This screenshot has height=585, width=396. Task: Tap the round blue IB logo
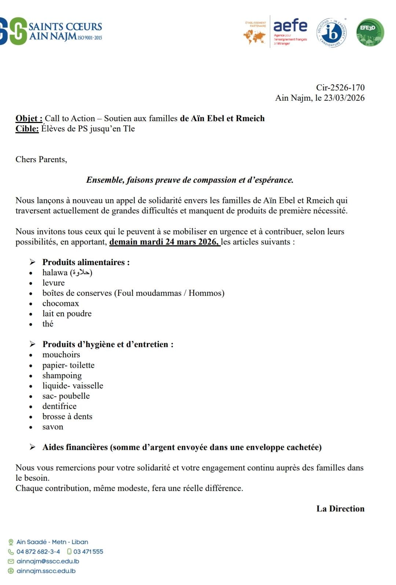331,33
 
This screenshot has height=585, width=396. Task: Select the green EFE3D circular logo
370,33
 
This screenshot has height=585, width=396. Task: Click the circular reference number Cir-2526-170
340,87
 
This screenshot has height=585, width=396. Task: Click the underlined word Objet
29,119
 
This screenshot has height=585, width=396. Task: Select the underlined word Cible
27,129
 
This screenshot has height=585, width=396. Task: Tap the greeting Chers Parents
41,160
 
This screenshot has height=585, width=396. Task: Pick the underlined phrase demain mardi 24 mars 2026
165,242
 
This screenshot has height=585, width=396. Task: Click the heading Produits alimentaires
86,262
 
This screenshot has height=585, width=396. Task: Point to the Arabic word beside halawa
81,273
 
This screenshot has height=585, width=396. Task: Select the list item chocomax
60,303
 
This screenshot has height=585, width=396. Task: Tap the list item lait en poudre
67,314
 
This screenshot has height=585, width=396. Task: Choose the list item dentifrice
59,406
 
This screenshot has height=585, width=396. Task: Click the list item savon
53,427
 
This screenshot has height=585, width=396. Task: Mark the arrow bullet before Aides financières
33,447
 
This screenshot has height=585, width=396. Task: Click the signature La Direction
340,509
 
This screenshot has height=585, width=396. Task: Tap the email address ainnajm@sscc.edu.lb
48,561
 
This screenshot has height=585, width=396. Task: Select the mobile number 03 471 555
88,552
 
